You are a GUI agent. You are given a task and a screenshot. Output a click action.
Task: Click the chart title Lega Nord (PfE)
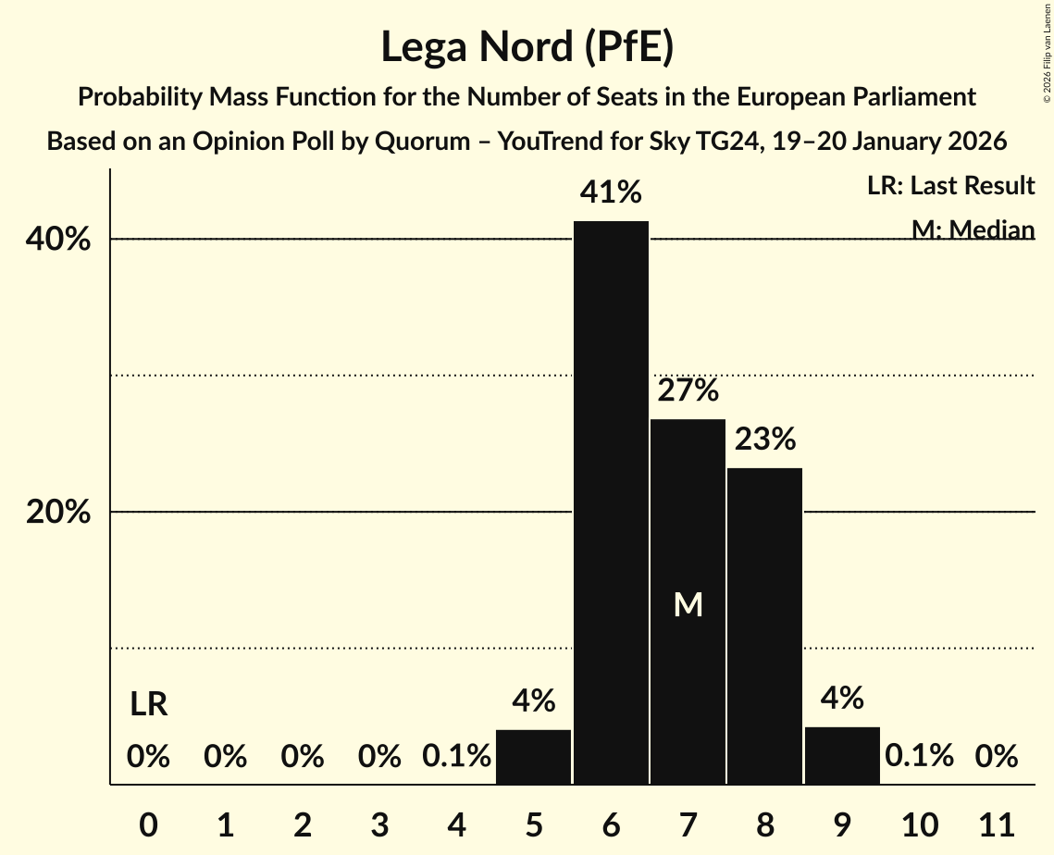[527, 46]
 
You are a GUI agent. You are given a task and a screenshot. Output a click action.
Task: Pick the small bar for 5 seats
[534, 757]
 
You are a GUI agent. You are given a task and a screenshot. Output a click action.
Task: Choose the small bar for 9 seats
[842, 756]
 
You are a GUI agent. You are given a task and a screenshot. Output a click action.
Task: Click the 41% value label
[611, 192]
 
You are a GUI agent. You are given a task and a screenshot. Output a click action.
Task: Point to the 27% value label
[688, 390]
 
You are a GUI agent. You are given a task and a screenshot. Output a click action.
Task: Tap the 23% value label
[764, 439]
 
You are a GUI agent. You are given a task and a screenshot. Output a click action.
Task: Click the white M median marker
[688, 605]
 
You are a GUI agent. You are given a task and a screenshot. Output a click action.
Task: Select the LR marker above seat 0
[148, 705]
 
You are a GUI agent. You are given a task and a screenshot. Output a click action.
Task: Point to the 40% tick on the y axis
[58, 240]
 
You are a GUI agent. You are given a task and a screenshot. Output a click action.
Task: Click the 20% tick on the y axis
[58, 513]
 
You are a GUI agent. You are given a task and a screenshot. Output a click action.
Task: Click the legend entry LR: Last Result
[950, 186]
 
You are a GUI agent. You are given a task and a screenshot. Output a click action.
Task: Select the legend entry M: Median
[973, 229]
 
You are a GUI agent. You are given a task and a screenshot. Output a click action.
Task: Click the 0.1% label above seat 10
[919, 756]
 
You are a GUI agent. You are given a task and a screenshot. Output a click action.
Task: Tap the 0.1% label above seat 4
[456, 756]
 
